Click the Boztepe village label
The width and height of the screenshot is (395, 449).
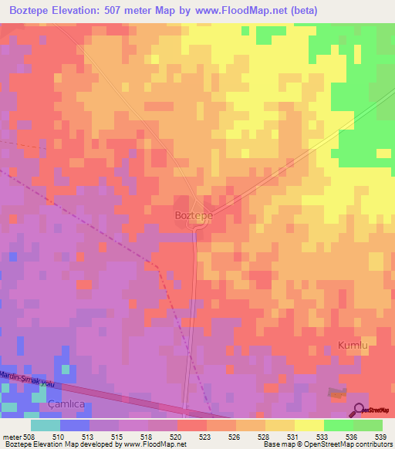tap(193, 215)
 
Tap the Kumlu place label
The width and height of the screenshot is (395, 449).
tap(353, 346)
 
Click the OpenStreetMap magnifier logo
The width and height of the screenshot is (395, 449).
tap(360, 410)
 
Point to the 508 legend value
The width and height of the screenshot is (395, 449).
tap(28, 436)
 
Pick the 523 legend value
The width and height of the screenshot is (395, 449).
tap(204, 436)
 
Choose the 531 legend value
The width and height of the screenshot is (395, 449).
tap(292, 436)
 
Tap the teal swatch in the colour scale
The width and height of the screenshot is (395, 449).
tap(45, 425)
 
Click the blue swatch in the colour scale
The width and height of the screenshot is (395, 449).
tap(74, 425)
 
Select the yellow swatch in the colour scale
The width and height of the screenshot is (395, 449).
tap(309, 425)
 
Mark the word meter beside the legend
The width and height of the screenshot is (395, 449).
tap(10, 436)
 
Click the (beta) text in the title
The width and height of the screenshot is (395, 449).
tap(299, 11)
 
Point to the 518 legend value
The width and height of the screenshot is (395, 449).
tap(146, 436)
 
